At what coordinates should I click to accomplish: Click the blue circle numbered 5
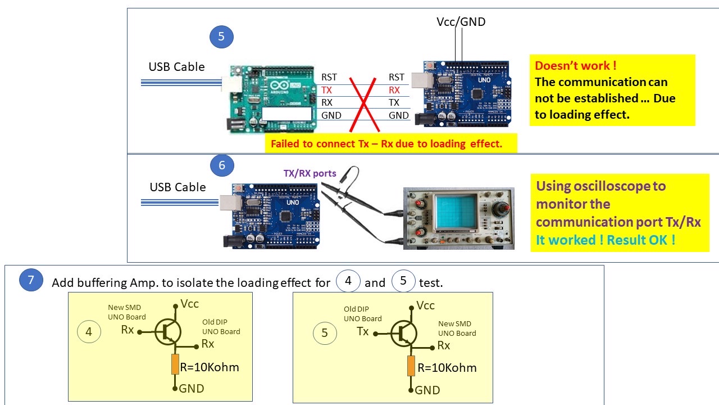coord(221,37)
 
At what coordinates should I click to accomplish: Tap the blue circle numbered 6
coord(222,165)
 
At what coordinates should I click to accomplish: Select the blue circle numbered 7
coord(31,280)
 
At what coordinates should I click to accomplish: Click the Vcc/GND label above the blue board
coord(461,22)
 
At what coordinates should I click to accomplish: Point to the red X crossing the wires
coord(364,105)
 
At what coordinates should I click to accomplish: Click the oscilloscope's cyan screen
coord(455,211)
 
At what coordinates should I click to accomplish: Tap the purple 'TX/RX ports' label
coord(310,173)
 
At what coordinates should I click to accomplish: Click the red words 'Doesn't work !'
coord(576,66)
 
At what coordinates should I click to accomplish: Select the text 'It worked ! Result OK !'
coord(606,240)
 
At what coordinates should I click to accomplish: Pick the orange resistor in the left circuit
coord(175,364)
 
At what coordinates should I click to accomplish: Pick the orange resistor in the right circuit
coord(411,366)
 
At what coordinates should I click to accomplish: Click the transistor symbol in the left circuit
coord(168,332)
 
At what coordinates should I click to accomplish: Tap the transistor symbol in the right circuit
coord(404,334)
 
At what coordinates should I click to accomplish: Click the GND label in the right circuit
coord(427,390)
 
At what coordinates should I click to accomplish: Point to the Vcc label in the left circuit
coord(189,304)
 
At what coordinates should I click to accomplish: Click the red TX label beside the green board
coord(326,90)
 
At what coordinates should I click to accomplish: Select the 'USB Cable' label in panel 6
coord(178,187)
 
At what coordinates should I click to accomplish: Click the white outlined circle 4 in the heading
coord(348,281)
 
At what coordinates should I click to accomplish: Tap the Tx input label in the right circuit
coord(363,331)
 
